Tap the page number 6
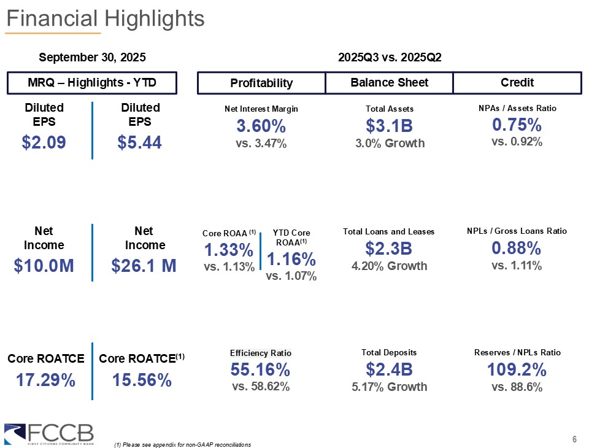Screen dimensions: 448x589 (x=574, y=439)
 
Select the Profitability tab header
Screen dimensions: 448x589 (x=261, y=83)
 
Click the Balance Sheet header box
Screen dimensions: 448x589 (x=389, y=83)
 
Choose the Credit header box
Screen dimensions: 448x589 (x=517, y=83)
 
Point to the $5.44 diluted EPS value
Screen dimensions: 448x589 (x=140, y=143)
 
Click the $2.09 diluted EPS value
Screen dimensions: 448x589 (x=44, y=143)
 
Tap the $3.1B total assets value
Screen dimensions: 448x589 (x=389, y=126)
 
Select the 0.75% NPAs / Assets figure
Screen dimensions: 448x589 (x=517, y=125)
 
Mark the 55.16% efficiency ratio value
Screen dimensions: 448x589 (x=260, y=369)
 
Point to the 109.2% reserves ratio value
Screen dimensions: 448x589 (x=517, y=370)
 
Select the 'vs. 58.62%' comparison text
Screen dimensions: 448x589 (x=260, y=387)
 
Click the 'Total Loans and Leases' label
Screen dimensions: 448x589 (x=389, y=231)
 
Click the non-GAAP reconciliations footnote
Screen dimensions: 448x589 (x=182, y=444)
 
